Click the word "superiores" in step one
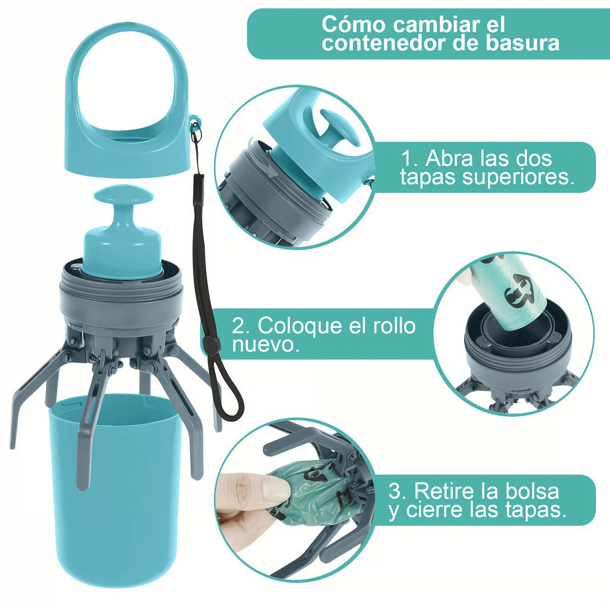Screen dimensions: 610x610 tap(512, 178)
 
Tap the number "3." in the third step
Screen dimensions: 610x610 tap(398, 491)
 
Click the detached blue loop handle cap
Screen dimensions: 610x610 tap(127, 137)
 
